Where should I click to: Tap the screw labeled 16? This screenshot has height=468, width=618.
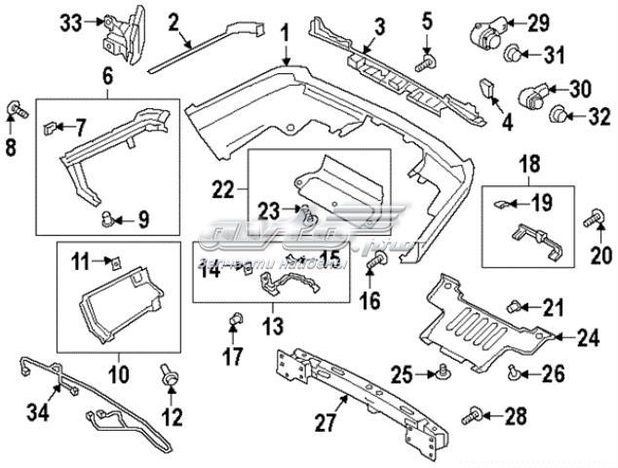377,261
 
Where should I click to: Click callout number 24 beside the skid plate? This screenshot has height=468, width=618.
588,338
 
